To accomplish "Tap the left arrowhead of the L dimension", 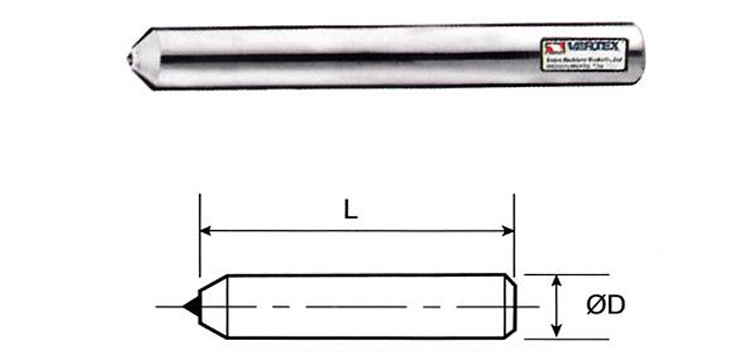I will click(x=207, y=231).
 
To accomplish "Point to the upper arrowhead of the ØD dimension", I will click(x=556, y=279).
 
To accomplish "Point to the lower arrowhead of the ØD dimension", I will click(x=556, y=331).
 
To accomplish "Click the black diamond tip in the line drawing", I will click(x=190, y=304).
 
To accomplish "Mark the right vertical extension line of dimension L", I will click(x=514, y=240).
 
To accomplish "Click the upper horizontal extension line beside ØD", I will click(x=545, y=273).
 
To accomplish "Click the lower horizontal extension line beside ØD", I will click(x=545, y=337).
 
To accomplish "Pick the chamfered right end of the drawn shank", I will click(x=511, y=305).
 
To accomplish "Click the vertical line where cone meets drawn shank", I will click(x=229, y=305).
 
